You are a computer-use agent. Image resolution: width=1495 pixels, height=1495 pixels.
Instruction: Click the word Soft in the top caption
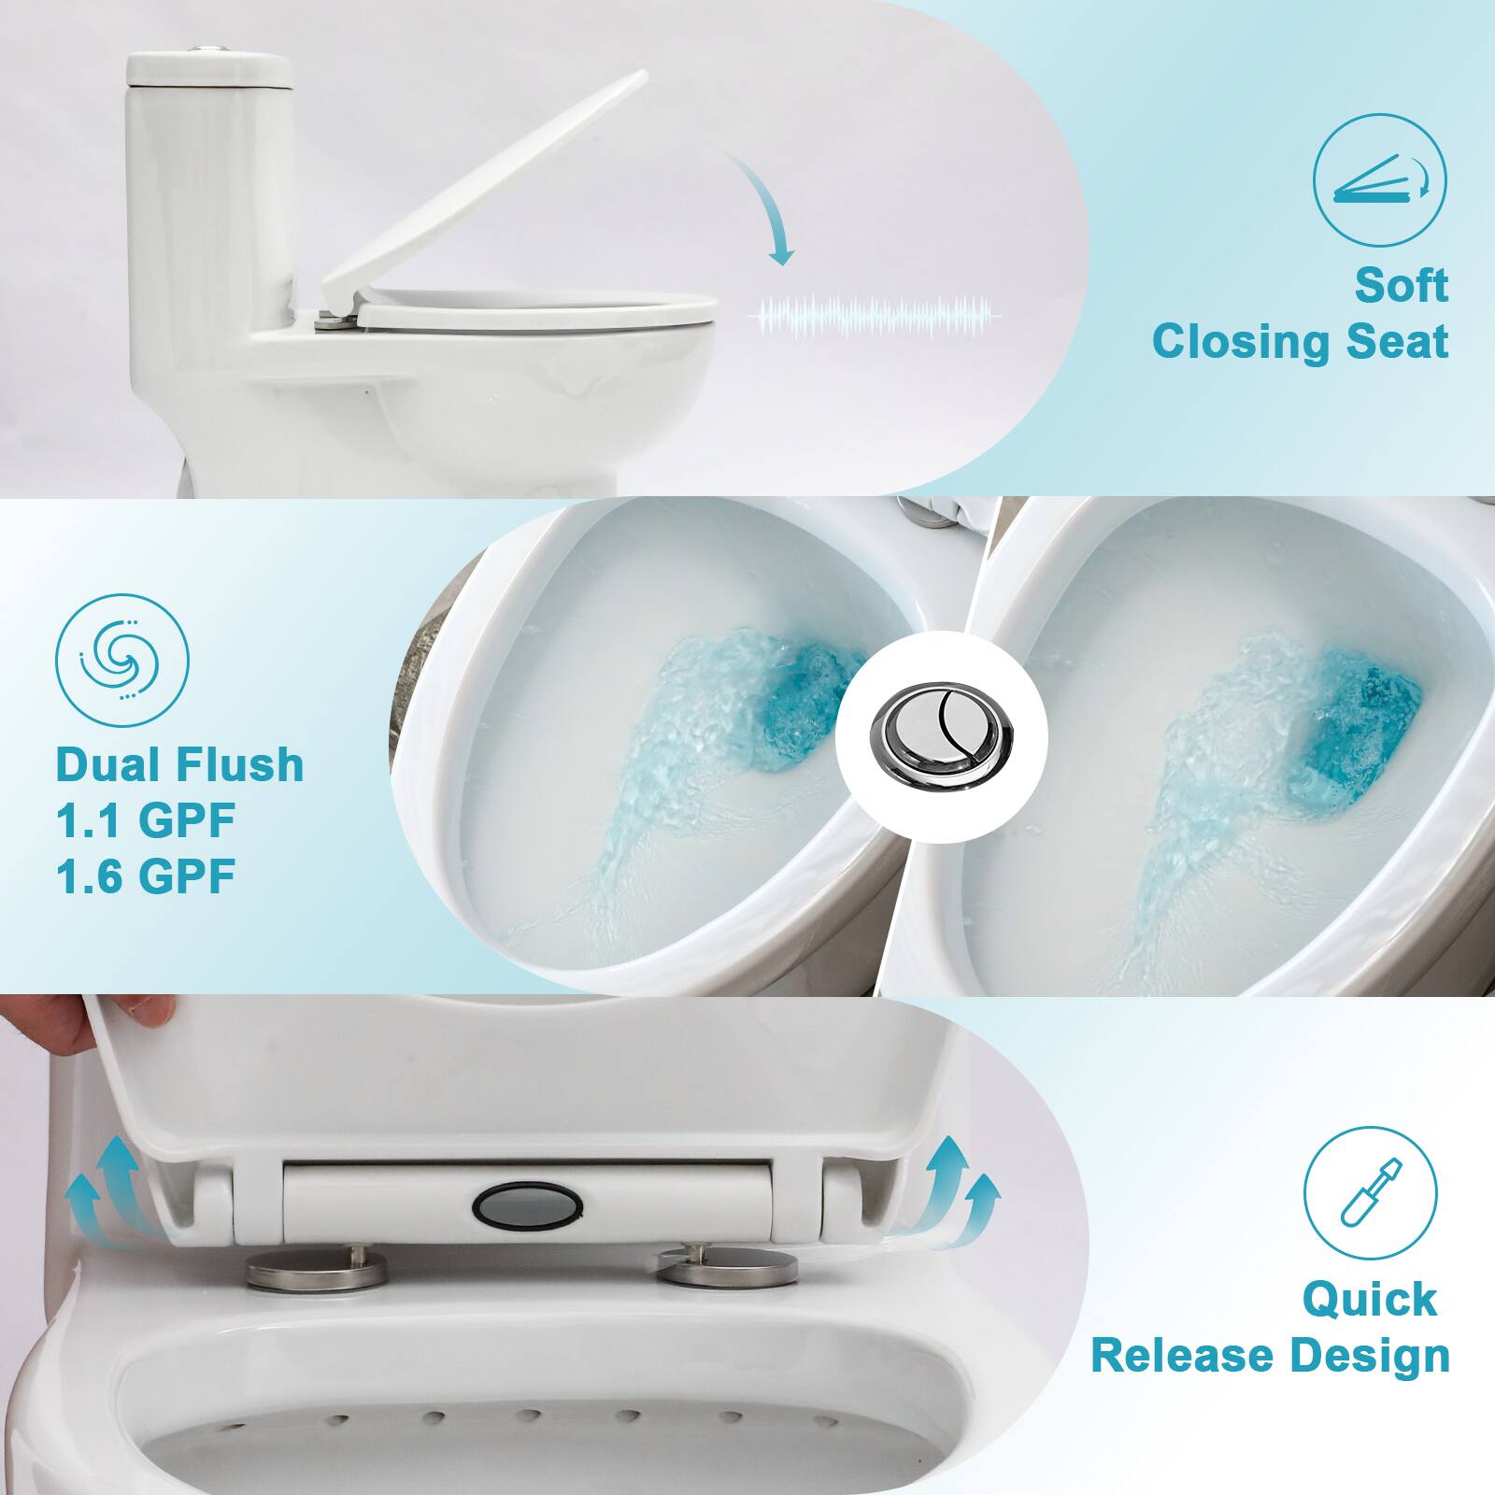(1401, 285)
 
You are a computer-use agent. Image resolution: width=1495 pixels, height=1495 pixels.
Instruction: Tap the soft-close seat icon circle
(1379, 180)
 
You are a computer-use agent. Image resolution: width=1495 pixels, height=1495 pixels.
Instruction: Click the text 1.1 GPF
(145, 820)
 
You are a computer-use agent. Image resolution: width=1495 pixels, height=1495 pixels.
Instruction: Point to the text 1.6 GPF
(145, 876)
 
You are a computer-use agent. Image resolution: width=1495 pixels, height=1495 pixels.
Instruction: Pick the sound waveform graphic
(874, 317)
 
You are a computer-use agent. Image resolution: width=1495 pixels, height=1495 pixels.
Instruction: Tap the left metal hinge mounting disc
(316, 1269)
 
